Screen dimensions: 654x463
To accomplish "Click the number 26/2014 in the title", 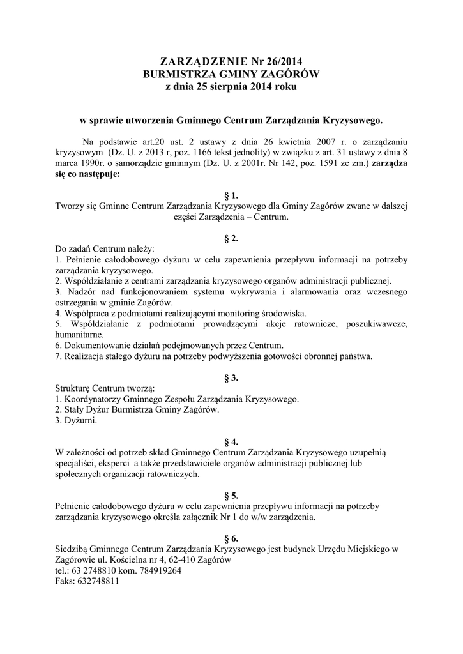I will (x=282, y=62).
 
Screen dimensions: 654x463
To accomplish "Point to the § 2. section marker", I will (x=231, y=238).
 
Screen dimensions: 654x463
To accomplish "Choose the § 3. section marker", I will (x=231, y=377).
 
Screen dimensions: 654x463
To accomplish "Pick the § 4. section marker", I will (x=231, y=441).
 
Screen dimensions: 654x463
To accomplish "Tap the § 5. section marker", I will (x=231, y=495).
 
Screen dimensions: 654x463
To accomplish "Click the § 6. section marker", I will (x=231, y=538).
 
